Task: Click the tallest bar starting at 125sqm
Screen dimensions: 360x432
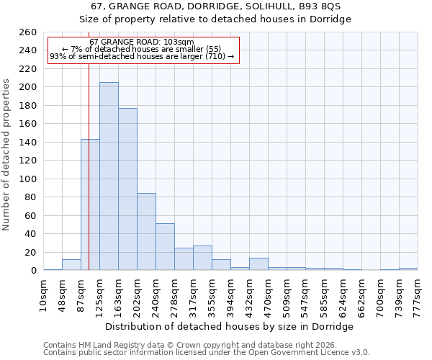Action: (109, 176)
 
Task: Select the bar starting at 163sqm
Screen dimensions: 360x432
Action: (127, 189)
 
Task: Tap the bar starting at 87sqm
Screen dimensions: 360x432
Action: (90, 204)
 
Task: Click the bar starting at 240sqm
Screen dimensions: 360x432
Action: (165, 247)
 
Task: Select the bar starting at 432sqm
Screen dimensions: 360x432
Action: (258, 264)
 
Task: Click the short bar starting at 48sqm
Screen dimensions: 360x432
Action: (71, 265)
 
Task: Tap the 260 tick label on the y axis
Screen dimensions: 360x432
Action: (27, 32)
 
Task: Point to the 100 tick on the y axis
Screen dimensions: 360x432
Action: (27, 179)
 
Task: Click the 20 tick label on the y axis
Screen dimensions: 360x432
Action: (30, 252)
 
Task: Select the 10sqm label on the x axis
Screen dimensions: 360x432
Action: (43, 295)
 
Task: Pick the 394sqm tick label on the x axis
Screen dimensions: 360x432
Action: (230, 295)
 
